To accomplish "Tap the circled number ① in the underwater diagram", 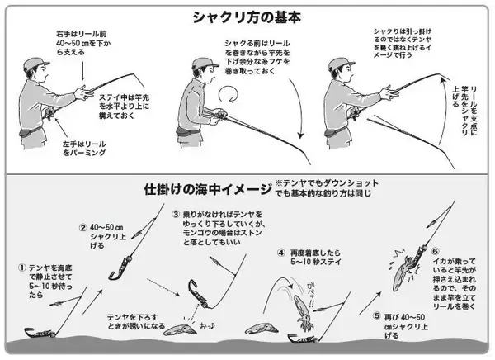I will coord(21,268).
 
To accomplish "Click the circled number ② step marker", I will coord(82,228).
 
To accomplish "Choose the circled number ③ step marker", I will coord(176,214).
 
